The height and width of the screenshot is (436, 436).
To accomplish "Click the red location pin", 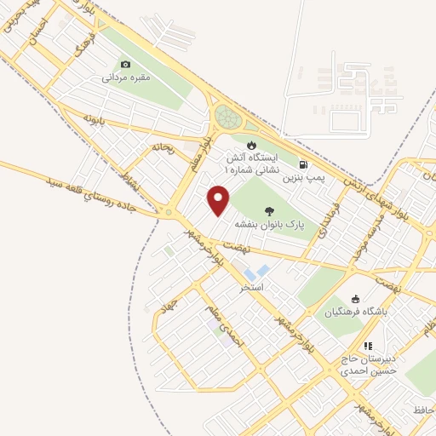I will point(219,200).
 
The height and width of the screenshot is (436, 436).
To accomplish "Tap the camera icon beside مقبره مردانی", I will point(126,65).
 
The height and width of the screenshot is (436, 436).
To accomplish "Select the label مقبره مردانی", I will point(126,78).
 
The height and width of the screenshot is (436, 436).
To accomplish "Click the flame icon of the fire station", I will point(250,144).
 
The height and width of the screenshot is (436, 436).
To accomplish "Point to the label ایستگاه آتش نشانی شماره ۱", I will point(251,163).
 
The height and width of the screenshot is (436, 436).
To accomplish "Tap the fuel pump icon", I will point(304,163).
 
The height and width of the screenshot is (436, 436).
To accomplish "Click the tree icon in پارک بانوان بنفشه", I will point(270,210).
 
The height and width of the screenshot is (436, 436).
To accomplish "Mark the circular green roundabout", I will point(227,116).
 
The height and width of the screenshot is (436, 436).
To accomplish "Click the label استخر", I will point(252,288).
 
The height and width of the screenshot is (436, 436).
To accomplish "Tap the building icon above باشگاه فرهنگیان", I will point(356,299).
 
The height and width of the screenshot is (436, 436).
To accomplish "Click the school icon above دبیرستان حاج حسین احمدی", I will point(368,347).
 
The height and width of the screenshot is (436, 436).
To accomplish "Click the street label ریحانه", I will point(162,148).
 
